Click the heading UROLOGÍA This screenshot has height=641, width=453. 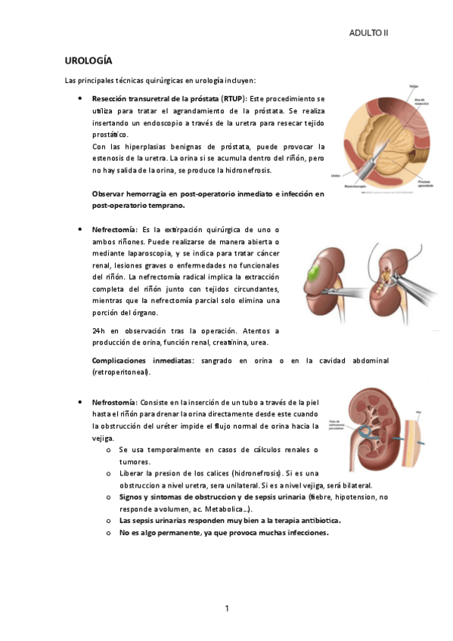88,60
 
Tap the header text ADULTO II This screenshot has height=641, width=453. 368,33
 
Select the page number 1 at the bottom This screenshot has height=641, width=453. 227,608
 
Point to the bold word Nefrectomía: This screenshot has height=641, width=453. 114,229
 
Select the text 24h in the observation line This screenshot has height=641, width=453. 98,331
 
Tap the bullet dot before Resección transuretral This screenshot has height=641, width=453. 79,99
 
